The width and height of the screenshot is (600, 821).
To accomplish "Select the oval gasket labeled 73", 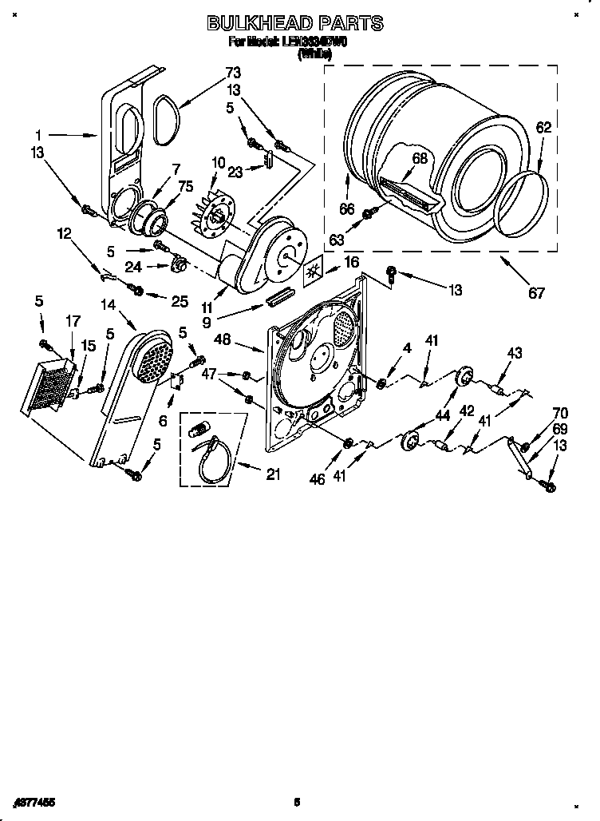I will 166,120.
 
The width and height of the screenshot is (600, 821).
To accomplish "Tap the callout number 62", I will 543,127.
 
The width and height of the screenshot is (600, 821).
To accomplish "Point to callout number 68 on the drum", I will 420,158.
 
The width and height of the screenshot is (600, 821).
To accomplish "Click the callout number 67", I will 537,293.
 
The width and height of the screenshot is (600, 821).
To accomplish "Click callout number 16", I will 350,262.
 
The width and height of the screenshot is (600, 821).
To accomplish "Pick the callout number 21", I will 274,474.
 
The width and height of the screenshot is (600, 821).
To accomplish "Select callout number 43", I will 515,353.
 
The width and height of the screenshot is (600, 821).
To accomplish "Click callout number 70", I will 560,413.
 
